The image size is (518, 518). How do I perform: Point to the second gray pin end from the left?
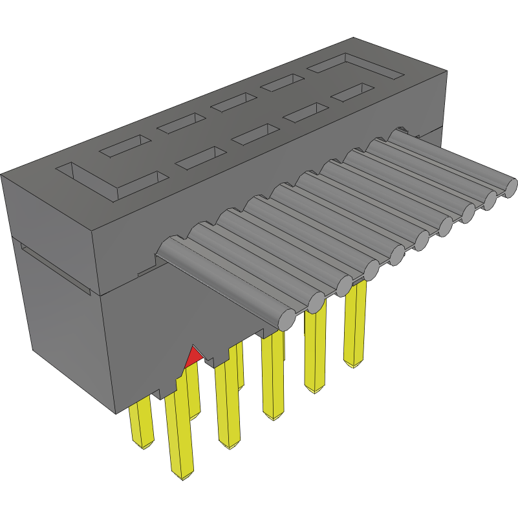click(316, 301)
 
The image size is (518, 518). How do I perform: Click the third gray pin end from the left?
click(343, 285)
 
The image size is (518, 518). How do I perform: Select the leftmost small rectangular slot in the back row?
click(124, 146)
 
